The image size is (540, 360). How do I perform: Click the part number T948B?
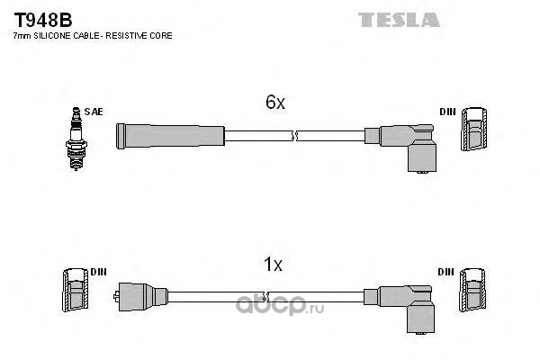coord(40,19)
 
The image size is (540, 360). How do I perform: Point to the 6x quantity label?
coord(274,103)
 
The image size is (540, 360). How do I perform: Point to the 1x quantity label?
coord(273,265)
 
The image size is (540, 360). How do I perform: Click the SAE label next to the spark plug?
coord(96,112)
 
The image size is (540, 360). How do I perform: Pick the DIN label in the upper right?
coord(447,112)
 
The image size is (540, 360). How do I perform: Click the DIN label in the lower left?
coord(98,272)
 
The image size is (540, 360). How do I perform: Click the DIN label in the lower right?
coord(447,272)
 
